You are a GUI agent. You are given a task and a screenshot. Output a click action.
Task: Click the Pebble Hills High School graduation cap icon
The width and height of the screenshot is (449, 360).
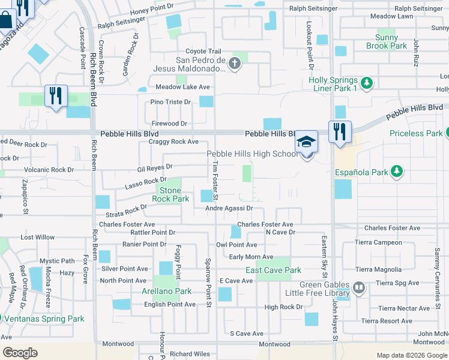[306, 143]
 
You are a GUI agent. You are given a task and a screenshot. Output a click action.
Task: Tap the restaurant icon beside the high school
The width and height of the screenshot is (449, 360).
[340, 131]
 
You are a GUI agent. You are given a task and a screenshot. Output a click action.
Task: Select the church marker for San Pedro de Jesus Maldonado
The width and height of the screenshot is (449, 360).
[235, 62]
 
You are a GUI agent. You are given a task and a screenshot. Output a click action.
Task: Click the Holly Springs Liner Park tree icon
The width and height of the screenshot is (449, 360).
[367, 82]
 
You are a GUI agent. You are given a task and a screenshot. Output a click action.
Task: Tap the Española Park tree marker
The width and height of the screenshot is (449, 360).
[396, 172]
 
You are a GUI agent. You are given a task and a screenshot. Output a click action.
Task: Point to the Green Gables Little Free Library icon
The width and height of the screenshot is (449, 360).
[358, 289]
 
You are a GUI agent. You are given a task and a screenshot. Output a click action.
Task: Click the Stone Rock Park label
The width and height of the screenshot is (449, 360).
[170, 194]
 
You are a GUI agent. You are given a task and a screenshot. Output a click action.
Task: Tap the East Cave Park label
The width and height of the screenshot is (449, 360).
[273, 271]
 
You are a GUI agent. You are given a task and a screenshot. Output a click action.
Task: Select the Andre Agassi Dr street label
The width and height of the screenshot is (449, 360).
[229, 208]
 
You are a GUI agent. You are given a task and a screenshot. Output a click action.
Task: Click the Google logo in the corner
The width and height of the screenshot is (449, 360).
[20, 352]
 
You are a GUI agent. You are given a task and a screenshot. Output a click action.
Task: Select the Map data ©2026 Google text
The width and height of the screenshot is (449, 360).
[411, 355]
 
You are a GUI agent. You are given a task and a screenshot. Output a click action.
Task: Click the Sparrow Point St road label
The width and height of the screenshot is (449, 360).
[208, 283]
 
